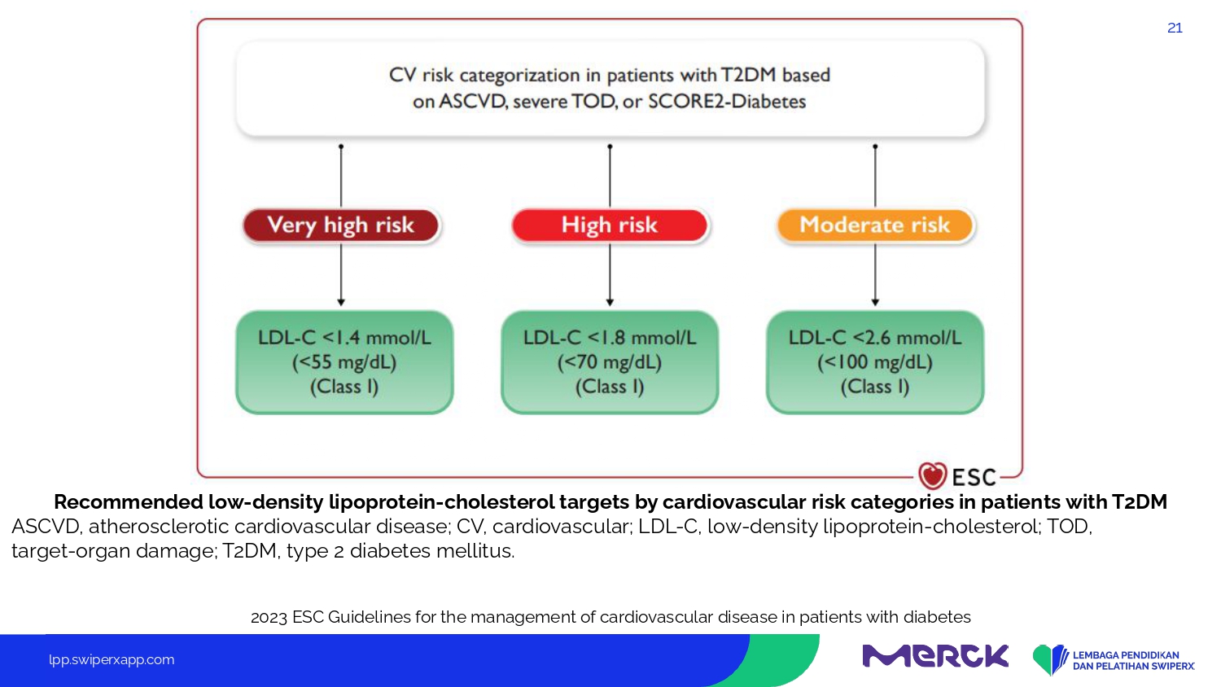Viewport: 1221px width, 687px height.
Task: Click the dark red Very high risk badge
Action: coord(341,225)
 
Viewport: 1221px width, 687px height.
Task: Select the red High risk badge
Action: coord(610,225)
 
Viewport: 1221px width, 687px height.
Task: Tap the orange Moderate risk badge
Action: coord(875,225)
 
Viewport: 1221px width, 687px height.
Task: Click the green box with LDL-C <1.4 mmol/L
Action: coord(344,362)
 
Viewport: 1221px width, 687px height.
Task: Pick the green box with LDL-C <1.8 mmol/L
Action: coord(610,362)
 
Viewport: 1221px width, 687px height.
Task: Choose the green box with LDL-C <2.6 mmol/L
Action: coord(875,362)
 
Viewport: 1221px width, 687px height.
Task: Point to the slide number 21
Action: coord(1175,28)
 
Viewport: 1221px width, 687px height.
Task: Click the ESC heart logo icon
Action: coord(932,475)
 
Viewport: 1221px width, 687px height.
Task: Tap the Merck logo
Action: coord(935,655)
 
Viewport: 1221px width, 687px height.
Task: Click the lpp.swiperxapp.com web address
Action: coord(112,660)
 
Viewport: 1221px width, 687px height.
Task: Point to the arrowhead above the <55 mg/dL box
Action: coord(341,302)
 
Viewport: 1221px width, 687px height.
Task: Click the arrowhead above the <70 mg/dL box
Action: coord(610,302)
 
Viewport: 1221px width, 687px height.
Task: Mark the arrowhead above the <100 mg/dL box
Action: coord(875,302)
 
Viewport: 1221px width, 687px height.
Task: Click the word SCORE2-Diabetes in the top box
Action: coord(727,102)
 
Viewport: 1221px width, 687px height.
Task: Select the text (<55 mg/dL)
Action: coord(344,362)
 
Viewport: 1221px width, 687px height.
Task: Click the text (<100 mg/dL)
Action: coord(875,362)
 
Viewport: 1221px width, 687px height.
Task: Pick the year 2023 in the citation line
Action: coord(269,617)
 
